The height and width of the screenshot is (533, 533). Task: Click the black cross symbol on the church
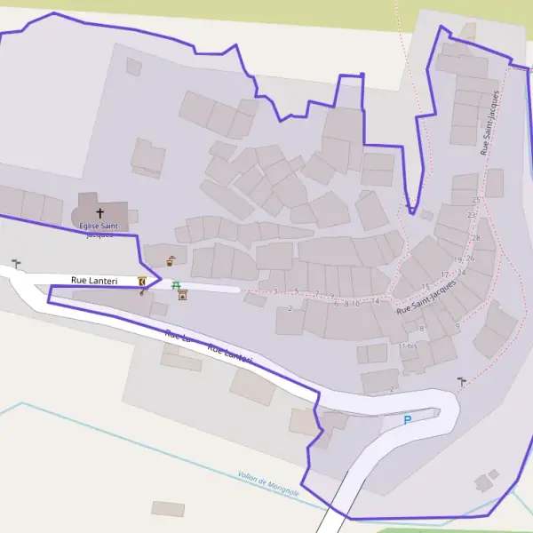click(99, 213)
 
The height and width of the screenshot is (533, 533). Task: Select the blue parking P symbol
click(408, 420)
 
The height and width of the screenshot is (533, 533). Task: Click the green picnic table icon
click(176, 286)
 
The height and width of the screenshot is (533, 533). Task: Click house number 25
click(476, 201)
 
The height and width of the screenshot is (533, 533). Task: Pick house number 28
click(477, 237)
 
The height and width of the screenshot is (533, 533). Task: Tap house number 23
click(471, 216)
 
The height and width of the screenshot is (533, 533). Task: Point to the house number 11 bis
click(408, 346)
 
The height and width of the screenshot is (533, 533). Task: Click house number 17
click(445, 275)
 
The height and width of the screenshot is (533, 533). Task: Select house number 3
click(275, 291)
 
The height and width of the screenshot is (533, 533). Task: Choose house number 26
click(470, 259)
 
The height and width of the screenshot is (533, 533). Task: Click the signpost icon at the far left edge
click(16, 264)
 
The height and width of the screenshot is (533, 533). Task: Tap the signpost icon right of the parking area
click(460, 381)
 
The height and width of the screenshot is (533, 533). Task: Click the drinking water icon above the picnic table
click(170, 261)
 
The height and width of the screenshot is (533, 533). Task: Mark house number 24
click(461, 273)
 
